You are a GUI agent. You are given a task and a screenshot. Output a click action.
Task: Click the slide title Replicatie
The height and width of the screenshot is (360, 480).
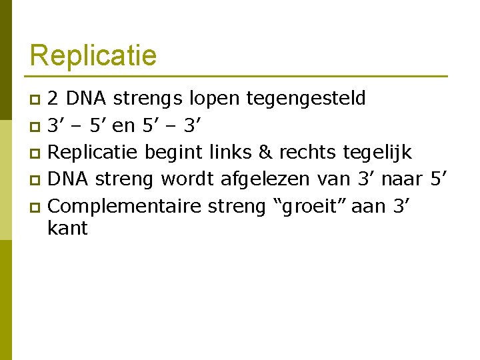click(x=93, y=55)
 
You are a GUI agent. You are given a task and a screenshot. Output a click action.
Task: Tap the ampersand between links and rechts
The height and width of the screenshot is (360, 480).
click(x=265, y=153)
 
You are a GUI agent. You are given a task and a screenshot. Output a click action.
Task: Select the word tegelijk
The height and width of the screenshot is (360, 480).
click(x=377, y=153)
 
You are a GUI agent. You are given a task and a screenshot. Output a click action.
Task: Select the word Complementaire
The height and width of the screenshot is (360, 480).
click(x=125, y=206)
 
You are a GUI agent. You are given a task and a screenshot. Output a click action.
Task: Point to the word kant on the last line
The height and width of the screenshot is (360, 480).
click(x=68, y=229)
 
